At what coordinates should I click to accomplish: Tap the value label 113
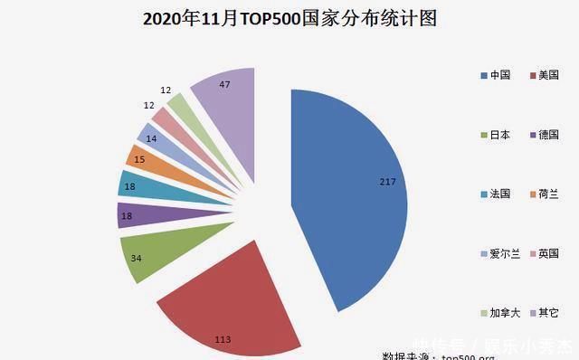point(223,338)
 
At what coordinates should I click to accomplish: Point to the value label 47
point(225,83)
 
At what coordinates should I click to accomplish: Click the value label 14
point(149,139)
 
